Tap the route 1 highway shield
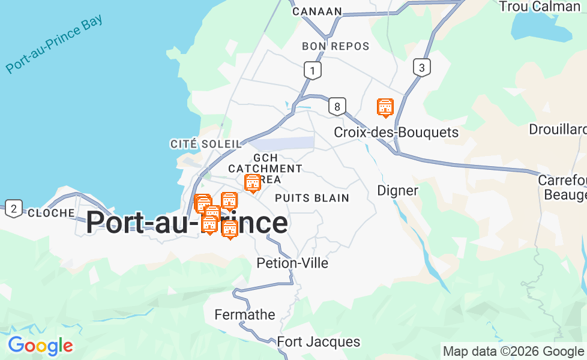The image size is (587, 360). tap(312, 70)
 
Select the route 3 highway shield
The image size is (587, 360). tap(422, 67)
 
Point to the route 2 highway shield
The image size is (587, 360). tap(13, 209)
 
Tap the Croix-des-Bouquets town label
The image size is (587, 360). tap(396, 132)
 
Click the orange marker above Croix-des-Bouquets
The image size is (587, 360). tap(385, 107)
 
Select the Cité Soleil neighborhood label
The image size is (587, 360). tap(206, 144)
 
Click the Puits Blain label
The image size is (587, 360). tap(312, 197)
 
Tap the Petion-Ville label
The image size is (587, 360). tap(292, 263)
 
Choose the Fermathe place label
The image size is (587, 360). tap(245, 314)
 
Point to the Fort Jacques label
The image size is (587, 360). tap(319, 342)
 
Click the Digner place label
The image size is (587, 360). tap(397, 190)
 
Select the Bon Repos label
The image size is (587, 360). tap(336, 46)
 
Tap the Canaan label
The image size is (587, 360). tap(317, 11)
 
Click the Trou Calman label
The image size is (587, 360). tap(539, 7)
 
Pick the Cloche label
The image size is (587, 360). tap(51, 213)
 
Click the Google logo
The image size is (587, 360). tap(40, 346)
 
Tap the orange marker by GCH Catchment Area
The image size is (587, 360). tap(253, 183)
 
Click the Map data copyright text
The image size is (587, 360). tap(513, 351)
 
